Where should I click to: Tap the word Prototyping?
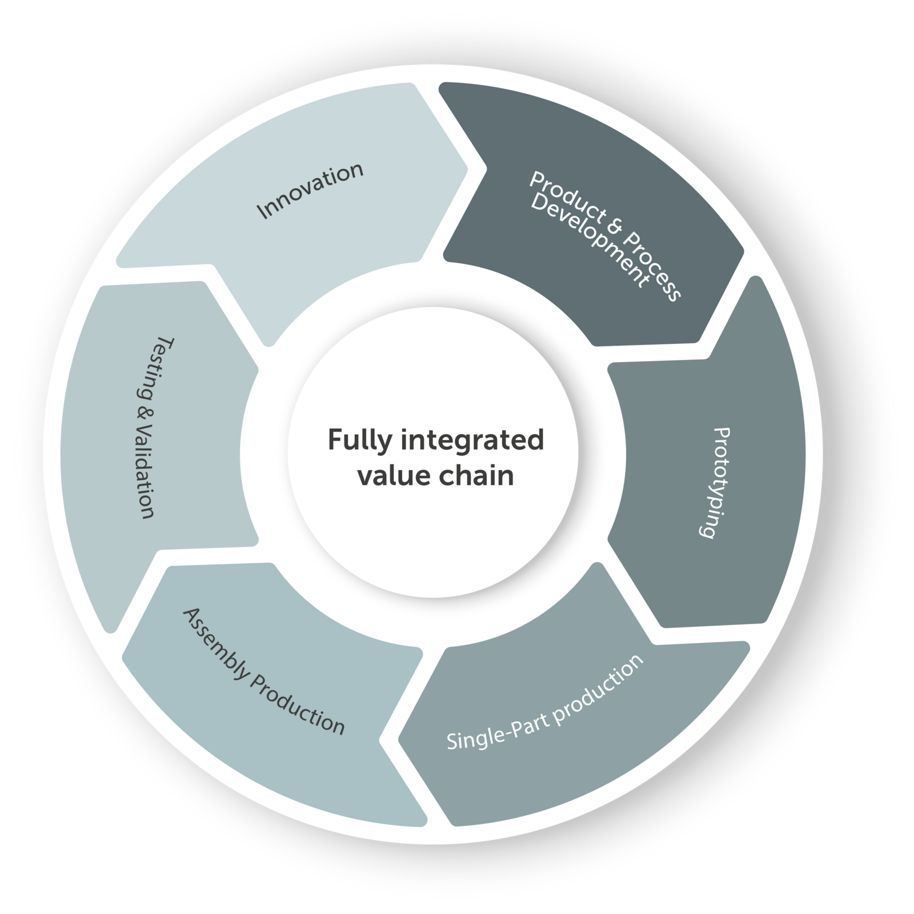tap(715, 483)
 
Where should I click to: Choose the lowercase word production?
tap(597, 688)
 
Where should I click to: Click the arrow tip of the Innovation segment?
tap(467, 169)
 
